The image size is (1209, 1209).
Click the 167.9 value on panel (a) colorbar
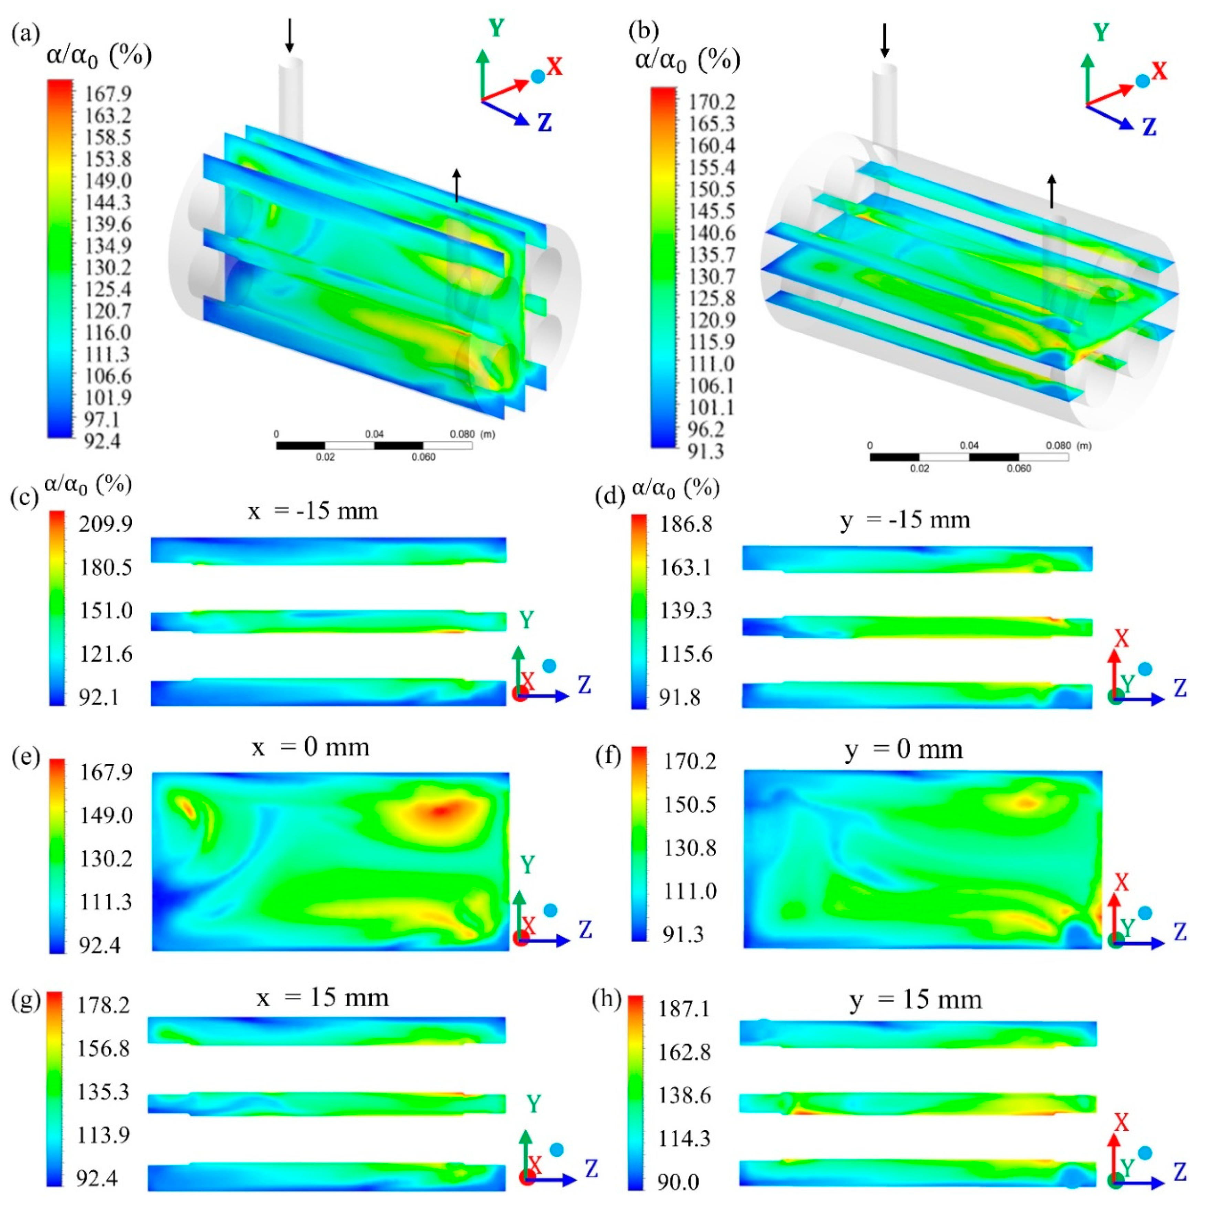(x=108, y=94)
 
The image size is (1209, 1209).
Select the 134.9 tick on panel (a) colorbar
(x=108, y=245)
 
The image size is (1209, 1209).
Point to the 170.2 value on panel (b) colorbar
(x=712, y=101)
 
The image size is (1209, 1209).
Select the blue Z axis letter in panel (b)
(x=1149, y=128)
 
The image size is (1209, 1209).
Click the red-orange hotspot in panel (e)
(x=441, y=812)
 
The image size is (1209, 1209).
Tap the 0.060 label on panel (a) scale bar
(x=423, y=457)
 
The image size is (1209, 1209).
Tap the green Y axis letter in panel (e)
(x=527, y=865)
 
